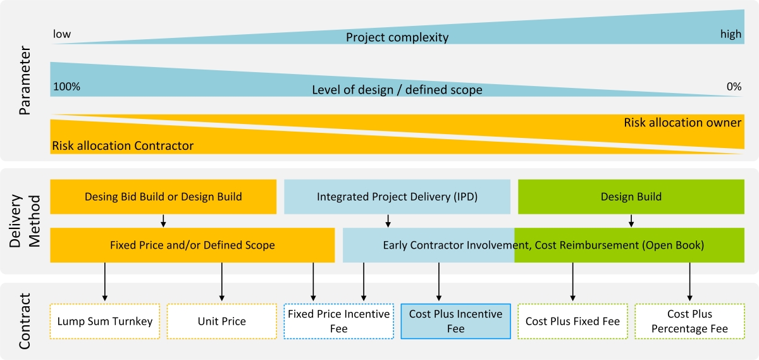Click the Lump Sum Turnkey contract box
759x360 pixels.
click(105, 321)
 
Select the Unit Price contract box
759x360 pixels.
click(221, 321)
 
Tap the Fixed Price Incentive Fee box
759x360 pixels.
click(339, 321)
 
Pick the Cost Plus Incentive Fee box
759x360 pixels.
click(456, 321)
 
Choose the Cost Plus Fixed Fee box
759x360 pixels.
click(572, 321)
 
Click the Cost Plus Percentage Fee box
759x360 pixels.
click(689, 321)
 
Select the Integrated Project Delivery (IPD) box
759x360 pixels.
click(397, 197)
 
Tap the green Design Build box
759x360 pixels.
click(631, 197)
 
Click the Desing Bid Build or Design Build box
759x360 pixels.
click(163, 197)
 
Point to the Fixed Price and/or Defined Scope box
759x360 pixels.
click(192, 245)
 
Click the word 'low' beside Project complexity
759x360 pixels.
click(62, 34)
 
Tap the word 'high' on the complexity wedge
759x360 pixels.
click(731, 34)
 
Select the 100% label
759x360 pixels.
click(67, 87)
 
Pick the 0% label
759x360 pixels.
click(734, 87)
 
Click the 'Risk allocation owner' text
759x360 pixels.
click(682, 122)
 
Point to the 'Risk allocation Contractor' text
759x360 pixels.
click(123, 146)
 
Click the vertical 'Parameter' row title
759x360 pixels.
click(25, 80)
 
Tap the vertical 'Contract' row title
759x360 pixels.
click(25, 321)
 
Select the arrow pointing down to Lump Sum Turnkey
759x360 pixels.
click(105, 282)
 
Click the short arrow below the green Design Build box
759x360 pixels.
click(631, 221)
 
